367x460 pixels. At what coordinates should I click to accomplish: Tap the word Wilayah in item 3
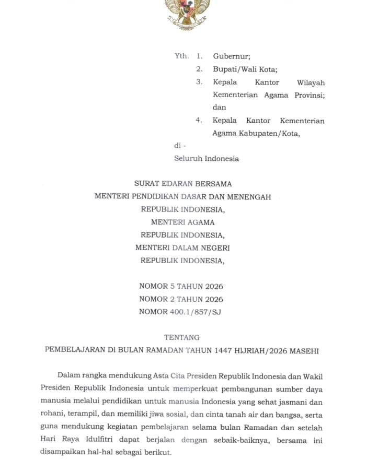[311, 82]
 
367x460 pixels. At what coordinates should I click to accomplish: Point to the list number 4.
[199, 120]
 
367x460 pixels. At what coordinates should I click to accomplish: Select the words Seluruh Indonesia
[206, 158]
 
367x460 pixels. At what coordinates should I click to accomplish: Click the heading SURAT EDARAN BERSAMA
[183, 184]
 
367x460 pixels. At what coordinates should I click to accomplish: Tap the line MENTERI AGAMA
[182, 222]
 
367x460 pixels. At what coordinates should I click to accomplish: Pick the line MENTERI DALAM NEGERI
[182, 247]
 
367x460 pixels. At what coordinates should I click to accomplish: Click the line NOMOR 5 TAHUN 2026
[181, 286]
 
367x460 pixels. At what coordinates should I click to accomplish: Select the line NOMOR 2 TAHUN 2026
[181, 299]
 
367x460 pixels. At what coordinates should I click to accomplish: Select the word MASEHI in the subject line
[302, 351]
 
